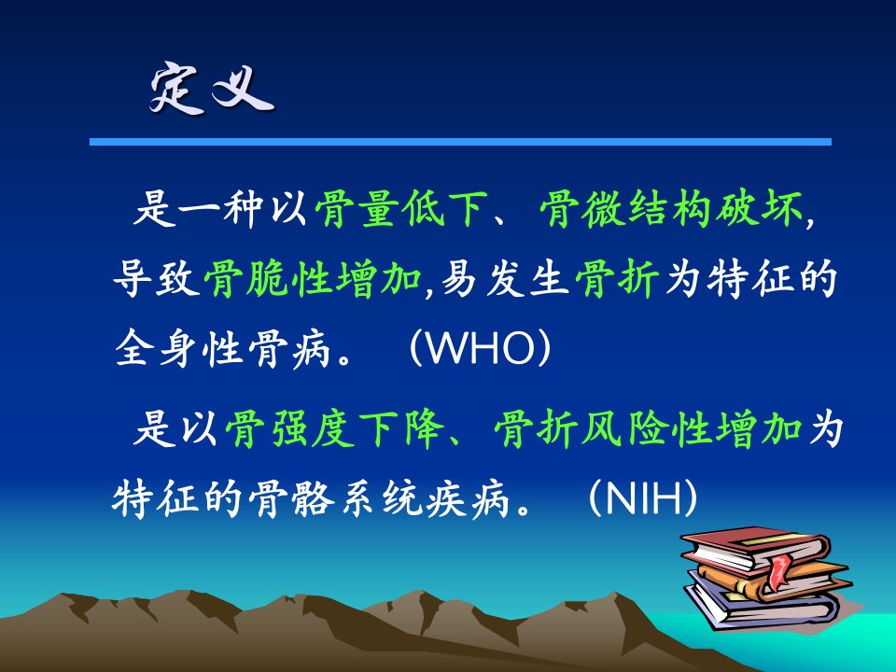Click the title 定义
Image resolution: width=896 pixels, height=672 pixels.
(212, 89)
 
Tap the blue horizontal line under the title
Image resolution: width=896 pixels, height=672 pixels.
(460, 142)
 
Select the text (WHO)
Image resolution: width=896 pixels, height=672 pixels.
(480, 347)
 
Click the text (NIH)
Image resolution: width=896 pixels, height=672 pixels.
(643, 498)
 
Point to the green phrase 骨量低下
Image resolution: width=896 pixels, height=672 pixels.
(401, 208)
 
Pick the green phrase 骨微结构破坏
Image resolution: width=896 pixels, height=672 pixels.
(671, 208)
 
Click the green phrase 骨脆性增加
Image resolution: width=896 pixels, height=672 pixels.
(313, 278)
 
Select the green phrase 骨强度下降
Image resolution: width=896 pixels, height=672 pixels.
(335, 428)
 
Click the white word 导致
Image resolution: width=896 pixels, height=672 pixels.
(156, 278)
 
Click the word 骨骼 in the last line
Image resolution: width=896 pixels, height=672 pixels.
(291, 498)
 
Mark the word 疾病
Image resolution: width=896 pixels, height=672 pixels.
(468, 498)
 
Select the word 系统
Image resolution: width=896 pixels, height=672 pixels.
(380, 498)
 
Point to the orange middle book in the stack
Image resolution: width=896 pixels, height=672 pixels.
(772, 580)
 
